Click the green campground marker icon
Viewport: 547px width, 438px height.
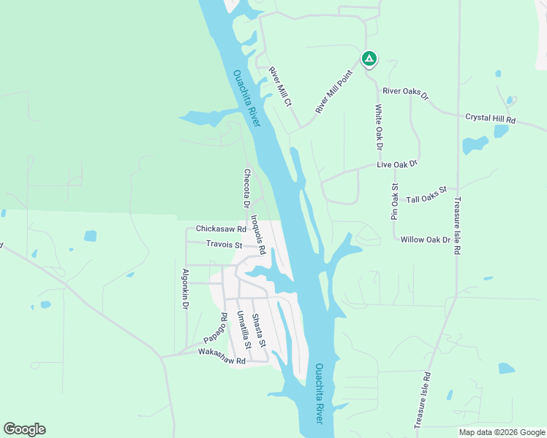(369, 58)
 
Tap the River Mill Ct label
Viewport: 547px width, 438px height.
(280, 86)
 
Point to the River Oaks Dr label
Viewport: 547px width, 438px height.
(405, 92)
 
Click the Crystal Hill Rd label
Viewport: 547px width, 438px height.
(491, 118)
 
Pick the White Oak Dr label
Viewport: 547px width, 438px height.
(379, 127)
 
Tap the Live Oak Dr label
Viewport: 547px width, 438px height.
(397, 164)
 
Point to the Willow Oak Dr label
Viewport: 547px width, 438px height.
(425, 239)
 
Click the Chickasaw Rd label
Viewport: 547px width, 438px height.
(220, 229)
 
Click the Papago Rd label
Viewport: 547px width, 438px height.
(214, 330)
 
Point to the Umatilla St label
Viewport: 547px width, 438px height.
(244, 329)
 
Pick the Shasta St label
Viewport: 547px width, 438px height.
(258, 331)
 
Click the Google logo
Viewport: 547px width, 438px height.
(24, 429)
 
